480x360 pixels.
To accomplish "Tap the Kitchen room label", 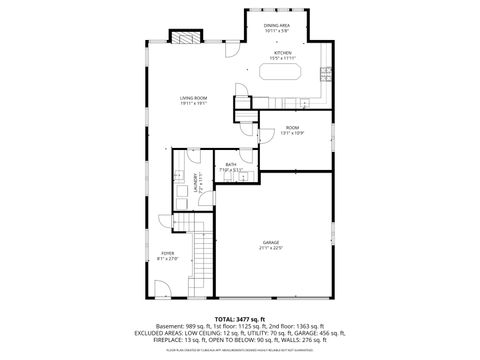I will pos(282,52).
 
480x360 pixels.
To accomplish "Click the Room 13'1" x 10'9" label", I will pos(292,128).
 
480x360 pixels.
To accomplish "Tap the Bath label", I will pos(231,164).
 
